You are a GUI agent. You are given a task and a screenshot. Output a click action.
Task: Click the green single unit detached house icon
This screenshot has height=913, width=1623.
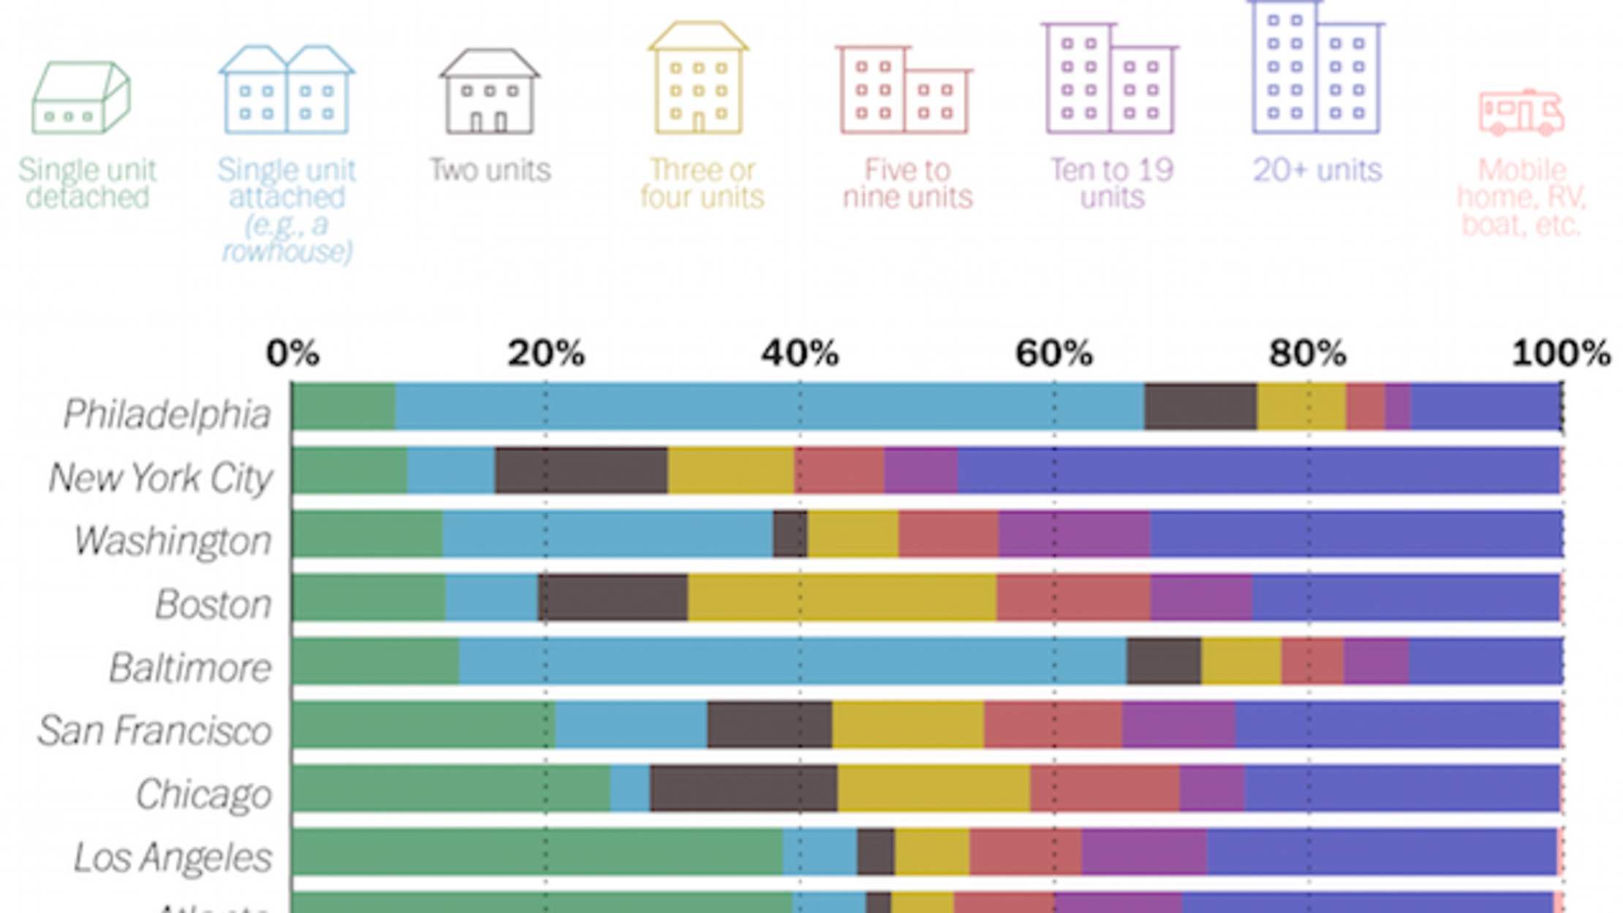(80, 97)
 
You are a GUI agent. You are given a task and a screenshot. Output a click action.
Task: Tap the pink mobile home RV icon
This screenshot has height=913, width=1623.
(1521, 113)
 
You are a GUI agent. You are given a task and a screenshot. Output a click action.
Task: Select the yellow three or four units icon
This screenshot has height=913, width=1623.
(699, 79)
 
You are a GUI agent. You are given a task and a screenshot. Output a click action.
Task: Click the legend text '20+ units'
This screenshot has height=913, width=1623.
(1317, 170)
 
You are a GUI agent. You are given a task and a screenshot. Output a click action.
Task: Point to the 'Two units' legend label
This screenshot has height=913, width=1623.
(490, 170)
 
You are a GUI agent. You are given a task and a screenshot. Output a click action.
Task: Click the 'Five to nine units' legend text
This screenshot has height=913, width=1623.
(907, 184)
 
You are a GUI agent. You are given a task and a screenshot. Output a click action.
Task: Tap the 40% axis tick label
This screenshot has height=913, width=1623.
(800, 353)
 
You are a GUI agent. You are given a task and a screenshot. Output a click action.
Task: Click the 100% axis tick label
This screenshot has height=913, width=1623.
(1561, 353)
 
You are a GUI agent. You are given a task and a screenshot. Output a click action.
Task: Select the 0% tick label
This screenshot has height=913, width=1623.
(292, 353)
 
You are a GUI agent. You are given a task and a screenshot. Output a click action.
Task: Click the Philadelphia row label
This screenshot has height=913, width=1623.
(167, 414)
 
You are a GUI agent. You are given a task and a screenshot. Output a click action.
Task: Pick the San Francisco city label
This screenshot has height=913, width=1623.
(155, 730)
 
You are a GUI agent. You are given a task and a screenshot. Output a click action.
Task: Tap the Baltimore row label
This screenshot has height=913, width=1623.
(190, 667)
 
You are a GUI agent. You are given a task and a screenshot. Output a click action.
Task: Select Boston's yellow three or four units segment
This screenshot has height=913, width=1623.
(841, 598)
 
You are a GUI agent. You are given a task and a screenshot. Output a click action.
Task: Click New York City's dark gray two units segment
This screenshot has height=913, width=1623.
(580, 470)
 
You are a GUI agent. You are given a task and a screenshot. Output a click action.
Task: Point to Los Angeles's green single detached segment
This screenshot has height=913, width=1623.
(537, 852)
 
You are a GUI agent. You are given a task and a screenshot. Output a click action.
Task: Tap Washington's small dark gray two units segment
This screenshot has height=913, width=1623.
(790, 534)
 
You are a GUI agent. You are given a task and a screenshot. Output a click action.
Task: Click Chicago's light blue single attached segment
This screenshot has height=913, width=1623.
(629, 788)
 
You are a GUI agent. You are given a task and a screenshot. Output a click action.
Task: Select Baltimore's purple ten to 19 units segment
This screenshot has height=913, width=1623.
(1376, 661)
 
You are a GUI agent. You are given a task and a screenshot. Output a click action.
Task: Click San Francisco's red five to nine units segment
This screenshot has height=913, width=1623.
(1052, 724)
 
